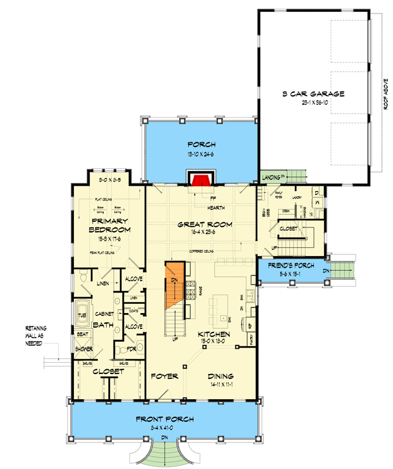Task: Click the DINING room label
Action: [221, 376]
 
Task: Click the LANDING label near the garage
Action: [270, 176]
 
